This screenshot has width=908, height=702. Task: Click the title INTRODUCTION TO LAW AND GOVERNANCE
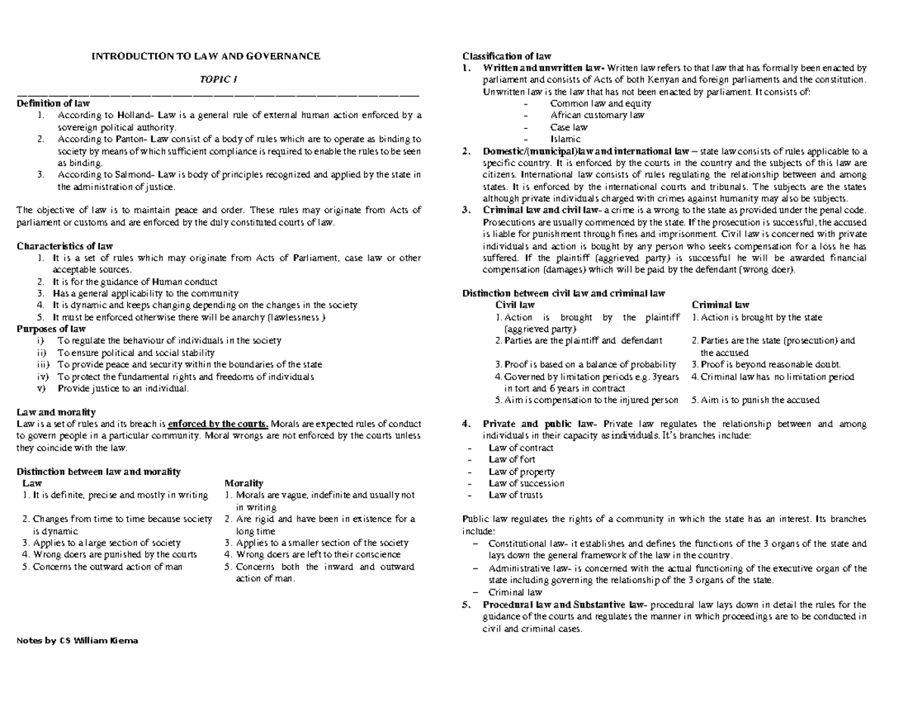coord(206,56)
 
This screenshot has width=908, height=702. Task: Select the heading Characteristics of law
coord(64,246)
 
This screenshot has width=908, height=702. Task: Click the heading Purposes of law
coord(51,329)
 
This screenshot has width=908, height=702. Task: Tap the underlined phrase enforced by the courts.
coord(218,423)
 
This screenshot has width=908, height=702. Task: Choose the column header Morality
coord(244,483)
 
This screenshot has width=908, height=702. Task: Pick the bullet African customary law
coord(597,115)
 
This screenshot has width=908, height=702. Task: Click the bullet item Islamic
coord(565,139)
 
